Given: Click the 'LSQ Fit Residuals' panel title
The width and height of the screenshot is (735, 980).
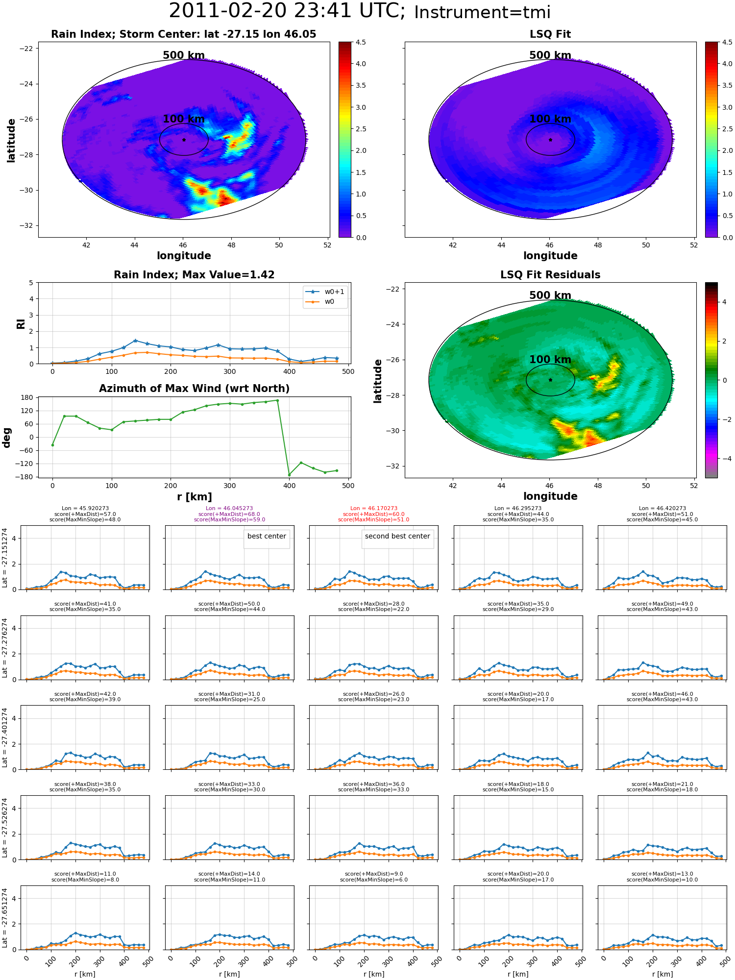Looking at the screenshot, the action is click(x=550, y=275).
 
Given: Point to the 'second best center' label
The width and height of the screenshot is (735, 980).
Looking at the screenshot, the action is click(x=397, y=536).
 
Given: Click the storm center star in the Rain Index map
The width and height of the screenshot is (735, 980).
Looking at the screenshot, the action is click(x=184, y=140).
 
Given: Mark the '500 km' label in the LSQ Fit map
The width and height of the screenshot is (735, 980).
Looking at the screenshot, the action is click(x=550, y=55).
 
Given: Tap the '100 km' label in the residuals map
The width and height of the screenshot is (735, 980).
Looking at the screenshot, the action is click(x=550, y=360).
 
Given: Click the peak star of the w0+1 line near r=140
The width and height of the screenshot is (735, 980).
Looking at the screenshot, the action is click(x=135, y=341).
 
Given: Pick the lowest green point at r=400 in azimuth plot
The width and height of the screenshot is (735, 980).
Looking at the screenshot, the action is click(x=289, y=475).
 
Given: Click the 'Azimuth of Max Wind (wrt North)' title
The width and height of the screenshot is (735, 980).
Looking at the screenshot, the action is click(x=195, y=389).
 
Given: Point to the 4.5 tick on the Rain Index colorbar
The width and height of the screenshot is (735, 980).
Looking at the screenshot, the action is click(x=361, y=42).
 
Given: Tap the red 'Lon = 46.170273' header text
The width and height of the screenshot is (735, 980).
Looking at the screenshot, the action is click(x=374, y=509).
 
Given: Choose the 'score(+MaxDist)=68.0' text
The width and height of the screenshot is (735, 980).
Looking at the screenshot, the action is click(x=229, y=514).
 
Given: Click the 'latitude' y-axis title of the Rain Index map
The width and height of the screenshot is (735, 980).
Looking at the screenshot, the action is click(x=11, y=140).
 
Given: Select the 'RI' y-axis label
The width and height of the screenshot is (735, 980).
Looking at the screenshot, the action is click(x=21, y=323).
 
